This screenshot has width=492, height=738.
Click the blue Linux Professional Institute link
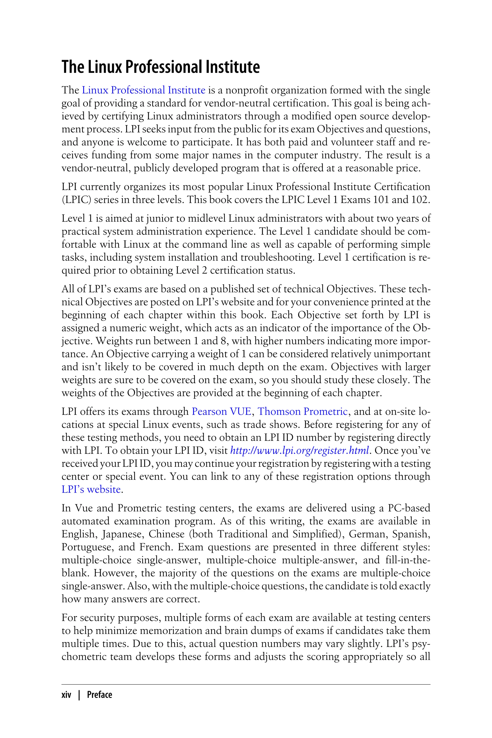point(143,90)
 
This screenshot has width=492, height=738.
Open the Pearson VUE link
point(221,411)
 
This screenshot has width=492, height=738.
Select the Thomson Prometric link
point(302,411)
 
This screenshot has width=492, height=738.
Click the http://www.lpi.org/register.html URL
point(299,451)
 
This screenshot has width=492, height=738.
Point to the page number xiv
point(66,695)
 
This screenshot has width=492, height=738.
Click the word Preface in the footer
point(99,695)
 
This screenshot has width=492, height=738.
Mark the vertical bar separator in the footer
point(79,695)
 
